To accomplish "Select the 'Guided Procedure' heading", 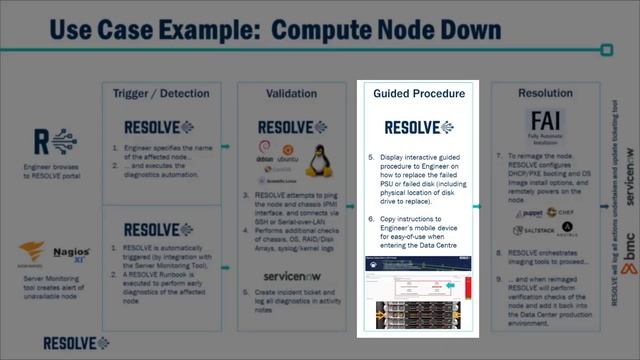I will point(419,93).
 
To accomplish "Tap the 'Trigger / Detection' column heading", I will point(161,93).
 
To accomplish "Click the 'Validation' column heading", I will point(291,93).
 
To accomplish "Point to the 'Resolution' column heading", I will point(546,93).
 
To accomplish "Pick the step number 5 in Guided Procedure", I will point(371,158).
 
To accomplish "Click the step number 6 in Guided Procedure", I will point(371,217).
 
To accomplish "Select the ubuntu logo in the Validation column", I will point(287,159).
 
